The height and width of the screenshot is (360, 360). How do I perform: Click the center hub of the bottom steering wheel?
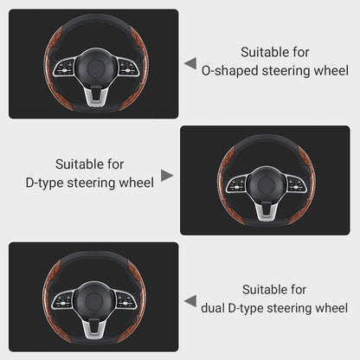click(93, 299)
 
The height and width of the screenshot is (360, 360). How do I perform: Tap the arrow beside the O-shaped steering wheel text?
click(190, 63)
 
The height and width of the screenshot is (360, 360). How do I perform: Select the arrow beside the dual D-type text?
click(190, 300)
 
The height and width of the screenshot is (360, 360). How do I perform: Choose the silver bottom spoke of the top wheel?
click(93, 97)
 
